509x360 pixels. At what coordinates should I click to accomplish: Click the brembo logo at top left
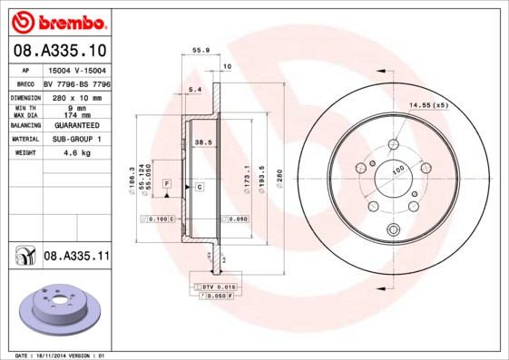click(56, 19)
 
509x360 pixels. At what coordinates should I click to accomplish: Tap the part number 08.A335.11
click(76, 257)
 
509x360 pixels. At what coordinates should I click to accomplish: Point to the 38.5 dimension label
click(203, 142)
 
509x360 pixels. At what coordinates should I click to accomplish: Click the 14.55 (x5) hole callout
click(427, 106)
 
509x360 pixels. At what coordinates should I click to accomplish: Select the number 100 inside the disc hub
click(396, 169)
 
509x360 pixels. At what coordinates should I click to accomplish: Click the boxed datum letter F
click(167, 184)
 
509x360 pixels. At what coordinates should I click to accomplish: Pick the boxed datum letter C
click(199, 186)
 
